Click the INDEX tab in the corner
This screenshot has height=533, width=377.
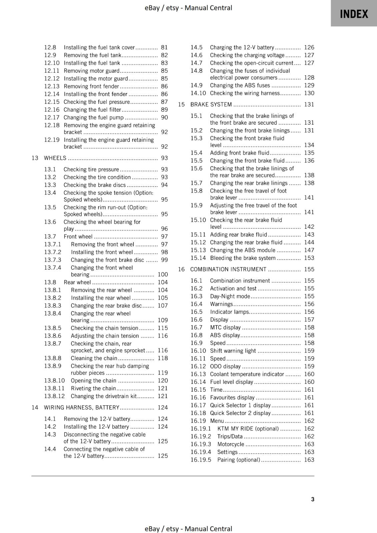[354, 14]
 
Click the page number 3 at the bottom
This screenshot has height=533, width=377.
[313, 499]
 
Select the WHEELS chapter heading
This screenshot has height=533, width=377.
[55, 158]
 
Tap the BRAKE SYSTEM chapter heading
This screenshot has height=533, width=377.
[211, 105]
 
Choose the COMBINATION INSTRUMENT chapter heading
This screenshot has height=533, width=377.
[228, 269]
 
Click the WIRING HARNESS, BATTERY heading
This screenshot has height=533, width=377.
[81, 407]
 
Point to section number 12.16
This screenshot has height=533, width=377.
[52, 110]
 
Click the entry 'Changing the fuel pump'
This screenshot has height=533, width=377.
[93, 118]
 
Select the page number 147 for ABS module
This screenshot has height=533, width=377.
[309, 250]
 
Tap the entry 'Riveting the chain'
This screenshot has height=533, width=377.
[93, 388]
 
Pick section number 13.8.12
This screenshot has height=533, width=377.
[54, 396]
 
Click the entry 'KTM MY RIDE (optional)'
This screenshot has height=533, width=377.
[248, 429]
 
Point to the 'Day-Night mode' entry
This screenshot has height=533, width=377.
[230, 296]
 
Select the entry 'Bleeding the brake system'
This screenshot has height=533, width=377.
[243, 258]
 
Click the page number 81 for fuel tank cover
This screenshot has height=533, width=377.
[164, 47]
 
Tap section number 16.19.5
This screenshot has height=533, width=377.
[201, 460]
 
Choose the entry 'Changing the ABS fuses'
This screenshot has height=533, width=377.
[240, 86]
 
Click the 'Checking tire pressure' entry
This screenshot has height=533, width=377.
[91, 170]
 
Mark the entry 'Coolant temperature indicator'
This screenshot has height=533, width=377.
[247, 374]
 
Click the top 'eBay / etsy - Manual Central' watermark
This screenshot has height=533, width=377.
[188, 8]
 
